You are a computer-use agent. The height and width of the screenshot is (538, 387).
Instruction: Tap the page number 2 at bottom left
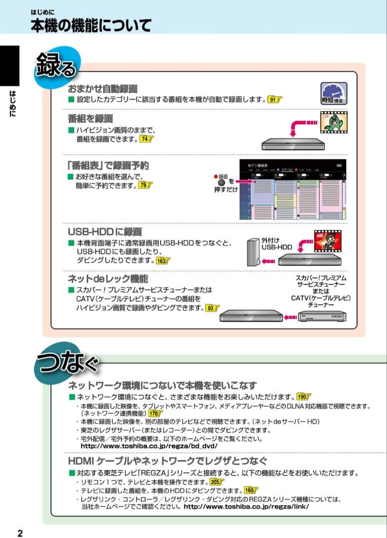pos(20,533)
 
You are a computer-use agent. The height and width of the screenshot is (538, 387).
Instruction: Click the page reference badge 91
pos(274,100)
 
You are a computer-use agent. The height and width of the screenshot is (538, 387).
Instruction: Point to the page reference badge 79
pos(145,185)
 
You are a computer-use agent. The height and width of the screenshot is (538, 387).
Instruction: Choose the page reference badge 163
pos(163,261)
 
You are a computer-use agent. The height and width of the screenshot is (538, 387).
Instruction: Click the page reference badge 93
pos(213,308)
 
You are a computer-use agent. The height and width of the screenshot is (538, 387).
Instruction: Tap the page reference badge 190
pos(303,397)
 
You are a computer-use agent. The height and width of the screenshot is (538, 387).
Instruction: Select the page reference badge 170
pos(156,413)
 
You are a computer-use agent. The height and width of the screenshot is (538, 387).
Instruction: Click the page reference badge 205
pos(217,482)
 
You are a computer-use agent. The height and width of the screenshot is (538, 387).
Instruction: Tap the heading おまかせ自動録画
pos(102,89)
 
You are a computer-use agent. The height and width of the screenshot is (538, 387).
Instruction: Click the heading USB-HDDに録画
pos(105,232)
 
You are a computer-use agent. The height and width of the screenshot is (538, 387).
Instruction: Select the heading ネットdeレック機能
pos(108,278)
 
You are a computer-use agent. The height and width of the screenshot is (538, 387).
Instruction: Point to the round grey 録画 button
pos(222,183)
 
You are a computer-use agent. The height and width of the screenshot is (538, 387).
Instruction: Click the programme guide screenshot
pos(292,190)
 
